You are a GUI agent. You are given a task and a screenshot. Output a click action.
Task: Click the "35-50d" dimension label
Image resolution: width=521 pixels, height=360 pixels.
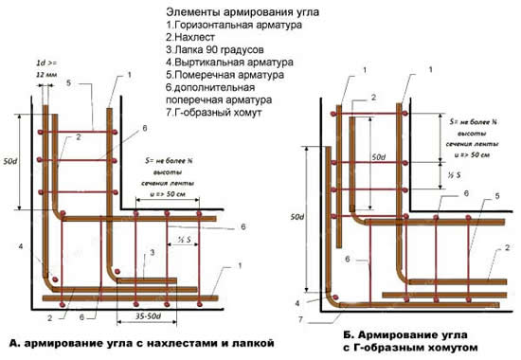point(141,313)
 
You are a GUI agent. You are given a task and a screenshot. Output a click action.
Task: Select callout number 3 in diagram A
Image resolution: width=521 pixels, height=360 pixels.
point(151,255)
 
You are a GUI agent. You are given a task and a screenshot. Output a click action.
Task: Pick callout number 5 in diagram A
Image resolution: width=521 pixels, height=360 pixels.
point(69,83)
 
